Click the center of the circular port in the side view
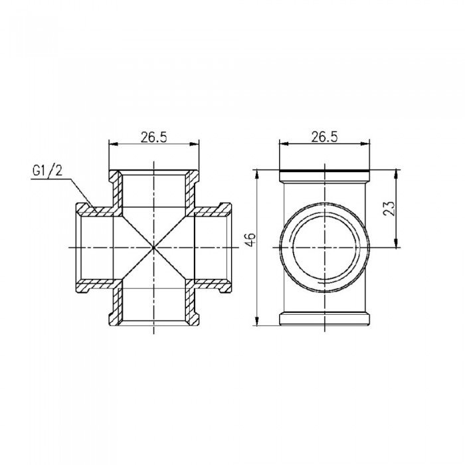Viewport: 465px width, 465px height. point(324,248)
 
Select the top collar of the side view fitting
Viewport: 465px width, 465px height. point(324,177)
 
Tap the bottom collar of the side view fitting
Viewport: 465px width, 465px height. point(324,318)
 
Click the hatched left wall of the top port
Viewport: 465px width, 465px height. point(116,193)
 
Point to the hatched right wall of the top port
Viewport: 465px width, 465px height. point(193,193)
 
